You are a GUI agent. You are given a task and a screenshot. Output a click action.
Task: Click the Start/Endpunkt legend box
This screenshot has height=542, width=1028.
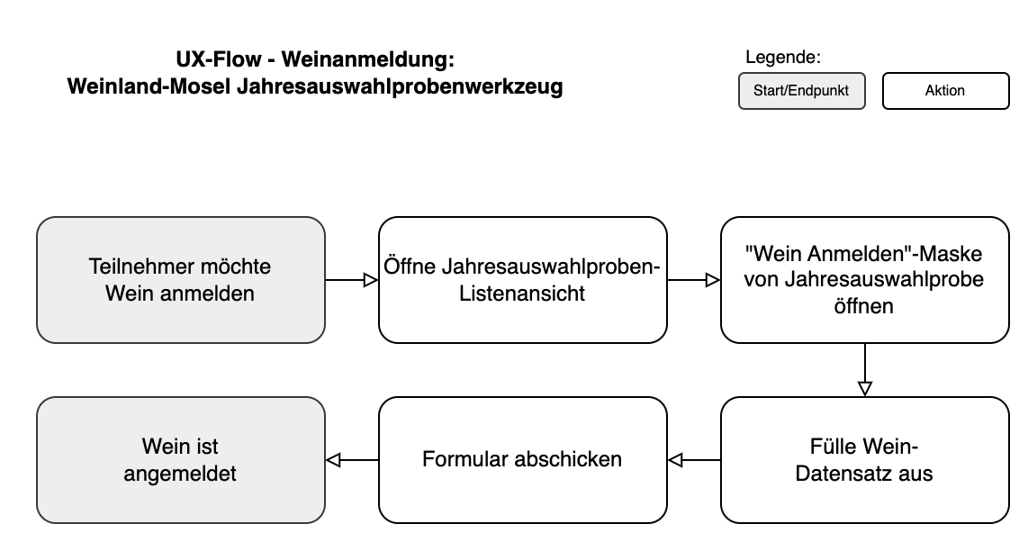tap(801, 91)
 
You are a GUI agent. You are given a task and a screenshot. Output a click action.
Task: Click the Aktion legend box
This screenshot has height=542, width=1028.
tap(945, 91)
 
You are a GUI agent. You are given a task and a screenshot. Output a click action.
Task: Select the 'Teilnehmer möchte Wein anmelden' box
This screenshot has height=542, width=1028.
tap(180, 280)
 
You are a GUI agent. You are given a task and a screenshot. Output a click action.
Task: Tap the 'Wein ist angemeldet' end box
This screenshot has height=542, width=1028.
tap(180, 460)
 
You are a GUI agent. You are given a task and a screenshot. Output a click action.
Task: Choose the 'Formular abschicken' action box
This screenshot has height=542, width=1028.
tap(522, 460)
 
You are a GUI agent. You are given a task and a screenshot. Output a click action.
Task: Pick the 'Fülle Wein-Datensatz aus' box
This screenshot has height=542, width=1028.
tap(864, 460)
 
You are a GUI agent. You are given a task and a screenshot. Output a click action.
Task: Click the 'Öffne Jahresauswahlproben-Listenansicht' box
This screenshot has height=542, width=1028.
tap(522, 280)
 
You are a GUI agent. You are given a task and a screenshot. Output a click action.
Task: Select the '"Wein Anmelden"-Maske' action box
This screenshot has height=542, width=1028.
tap(864, 280)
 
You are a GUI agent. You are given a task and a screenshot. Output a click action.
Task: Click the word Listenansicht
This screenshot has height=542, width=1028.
tap(522, 294)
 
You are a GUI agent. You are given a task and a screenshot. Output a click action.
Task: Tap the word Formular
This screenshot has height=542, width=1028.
tap(464, 459)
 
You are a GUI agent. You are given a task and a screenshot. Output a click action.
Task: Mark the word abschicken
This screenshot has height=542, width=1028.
tap(568, 459)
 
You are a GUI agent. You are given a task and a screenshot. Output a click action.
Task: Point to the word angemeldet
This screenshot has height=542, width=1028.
tap(180, 474)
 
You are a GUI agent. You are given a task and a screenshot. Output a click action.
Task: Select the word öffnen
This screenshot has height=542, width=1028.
tap(863, 306)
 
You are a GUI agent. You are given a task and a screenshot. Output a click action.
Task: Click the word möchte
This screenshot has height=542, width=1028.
tap(236, 267)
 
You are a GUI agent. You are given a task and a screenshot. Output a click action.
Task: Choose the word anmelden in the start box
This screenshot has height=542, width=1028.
tap(212, 294)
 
